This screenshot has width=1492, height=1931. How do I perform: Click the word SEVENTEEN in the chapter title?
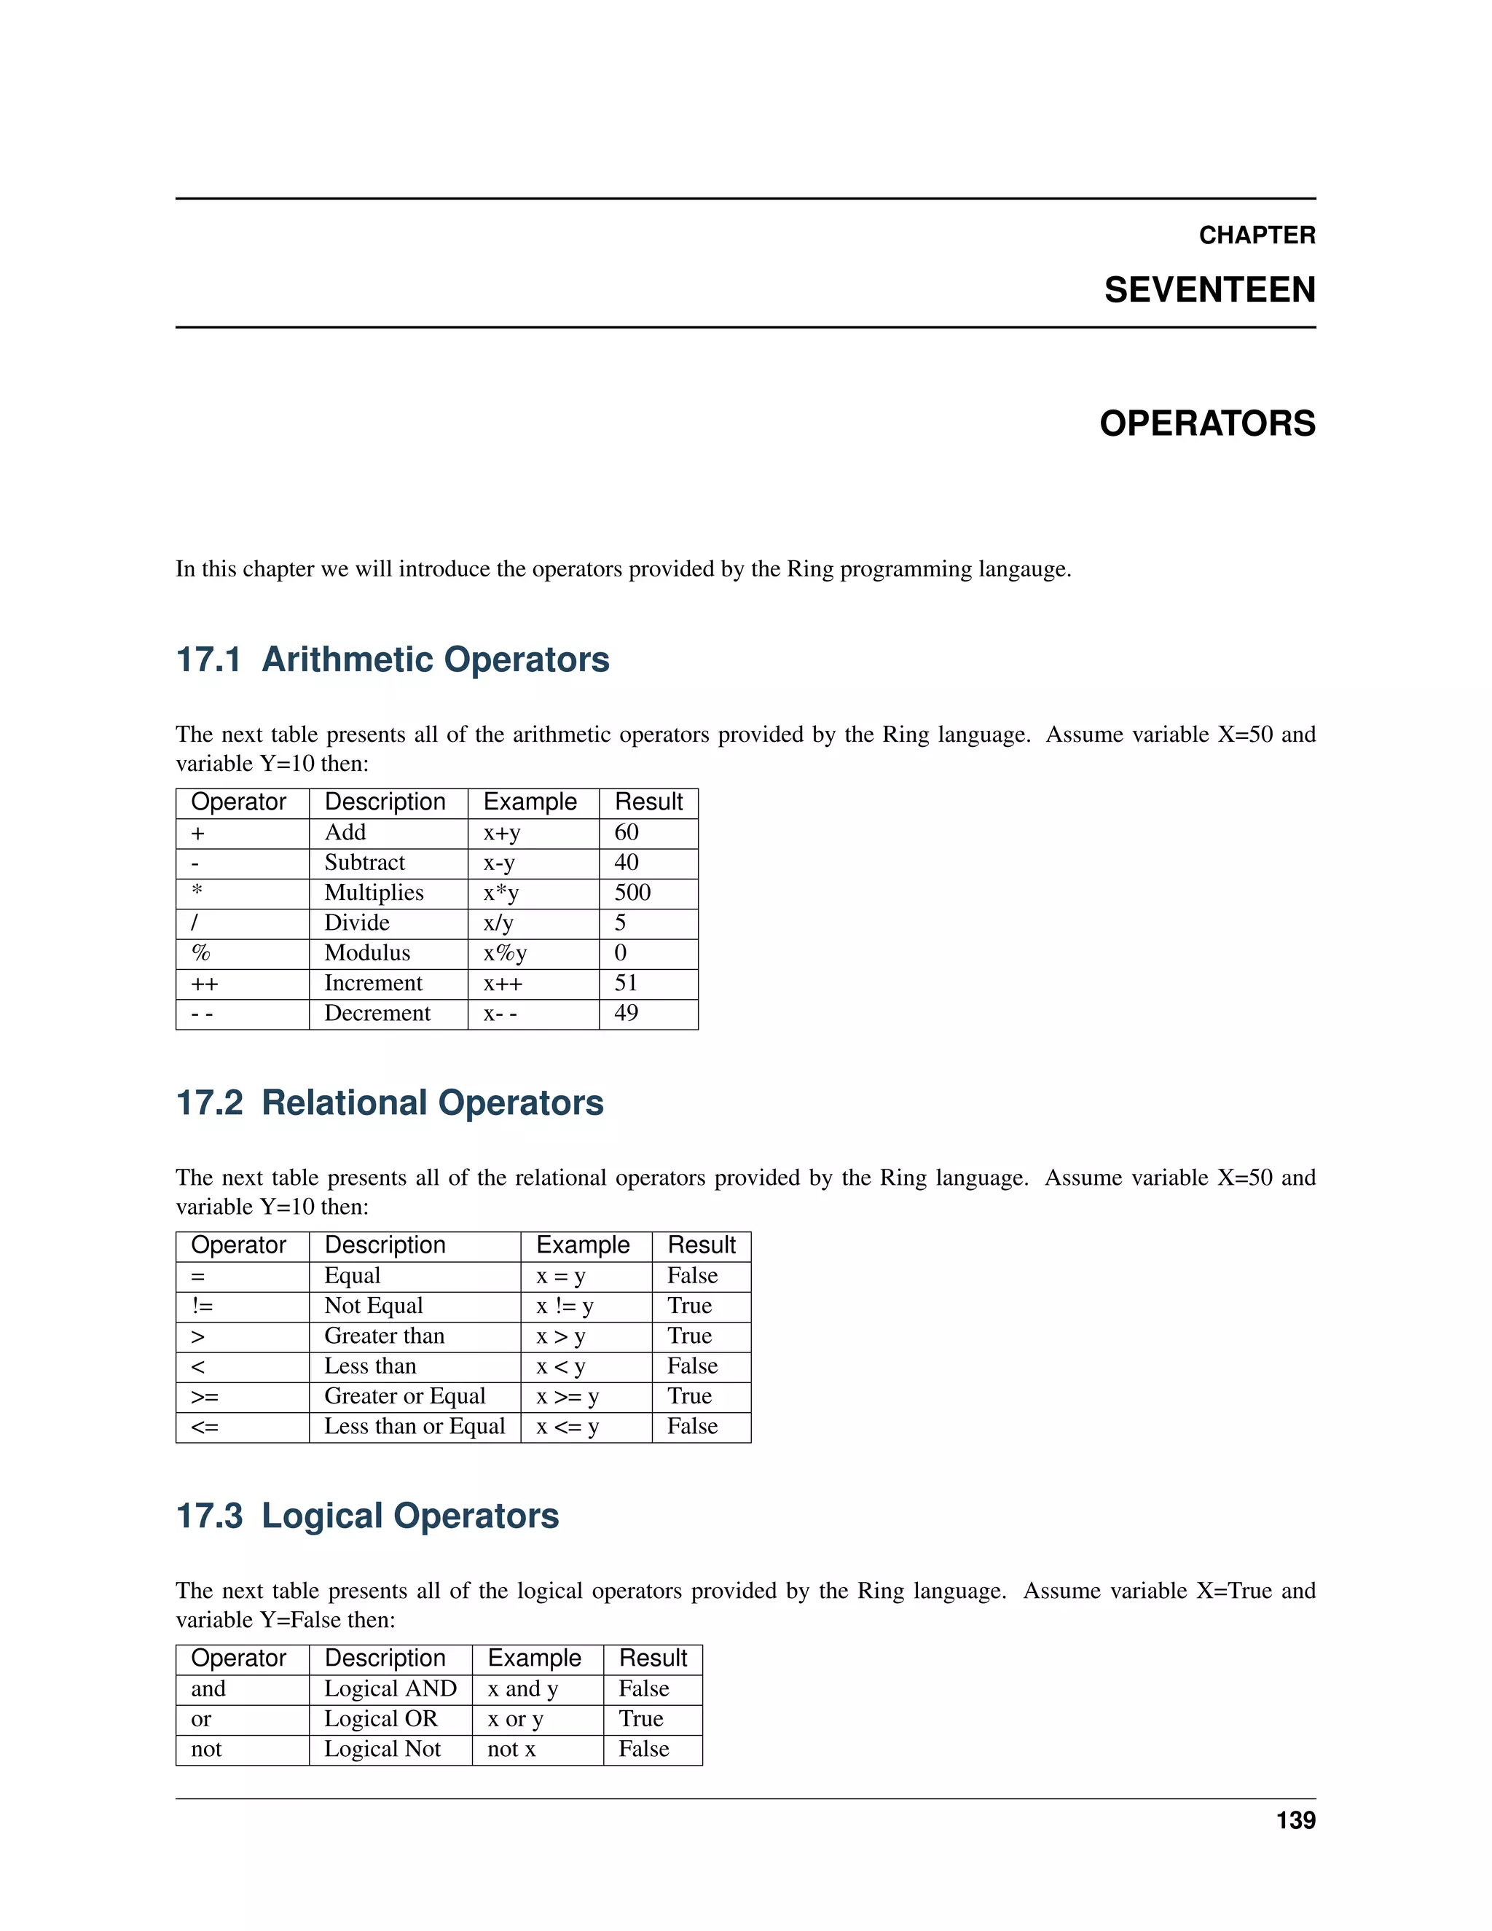coord(1209,290)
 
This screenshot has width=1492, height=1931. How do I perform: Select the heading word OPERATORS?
coord(1206,423)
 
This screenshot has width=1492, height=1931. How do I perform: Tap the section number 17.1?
coord(208,659)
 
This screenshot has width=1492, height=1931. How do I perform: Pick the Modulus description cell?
coord(367,952)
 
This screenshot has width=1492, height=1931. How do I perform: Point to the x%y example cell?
coord(505,952)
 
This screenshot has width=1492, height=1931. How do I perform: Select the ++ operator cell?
coord(204,983)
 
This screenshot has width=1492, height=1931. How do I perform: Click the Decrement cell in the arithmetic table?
coord(377,1014)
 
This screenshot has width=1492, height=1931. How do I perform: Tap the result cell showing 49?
coord(626,1014)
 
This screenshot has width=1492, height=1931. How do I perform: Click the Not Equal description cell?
coord(373,1306)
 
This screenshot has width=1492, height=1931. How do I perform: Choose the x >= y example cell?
coord(568,1396)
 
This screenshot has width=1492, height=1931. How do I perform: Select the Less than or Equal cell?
coord(414,1426)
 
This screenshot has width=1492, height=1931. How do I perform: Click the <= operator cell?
coord(204,1426)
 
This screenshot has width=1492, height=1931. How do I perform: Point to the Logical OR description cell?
coord(380,1719)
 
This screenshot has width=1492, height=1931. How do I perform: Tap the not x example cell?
coord(511,1749)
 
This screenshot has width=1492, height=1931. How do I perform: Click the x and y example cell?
coord(522,1689)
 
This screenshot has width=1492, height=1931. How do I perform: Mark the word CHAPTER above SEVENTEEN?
coord(1256,235)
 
